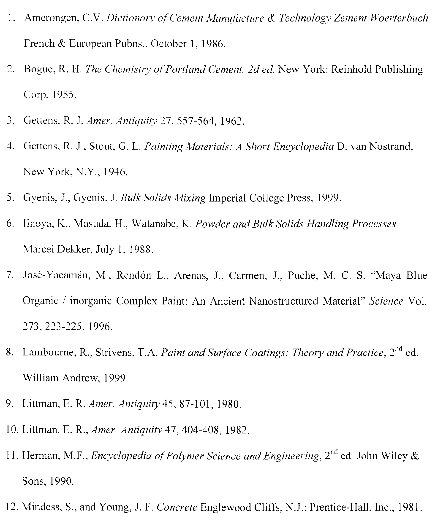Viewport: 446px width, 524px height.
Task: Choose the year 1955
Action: [x=63, y=95]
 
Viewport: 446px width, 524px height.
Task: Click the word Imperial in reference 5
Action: [x=227, y=198]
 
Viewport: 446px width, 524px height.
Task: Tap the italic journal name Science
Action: [x=386, y=301]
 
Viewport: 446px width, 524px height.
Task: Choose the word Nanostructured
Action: [x=283, y=301]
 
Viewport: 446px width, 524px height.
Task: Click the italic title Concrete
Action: [x=177, y=507]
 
